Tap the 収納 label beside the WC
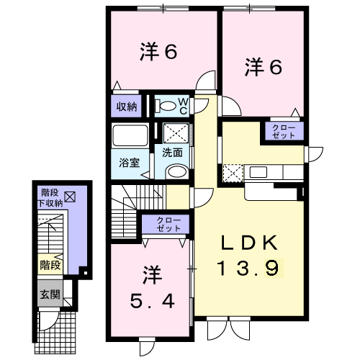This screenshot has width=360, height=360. pos(127,107)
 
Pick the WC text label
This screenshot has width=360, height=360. pos(183,106)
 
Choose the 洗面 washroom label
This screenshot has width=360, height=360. pos(171,153)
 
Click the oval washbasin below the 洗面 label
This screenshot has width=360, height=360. pos(176,171)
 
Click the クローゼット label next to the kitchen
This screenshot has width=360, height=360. pos(282,131)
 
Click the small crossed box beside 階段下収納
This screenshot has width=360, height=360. pos(70,195)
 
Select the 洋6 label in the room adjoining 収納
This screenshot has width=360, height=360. pos(158,53)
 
